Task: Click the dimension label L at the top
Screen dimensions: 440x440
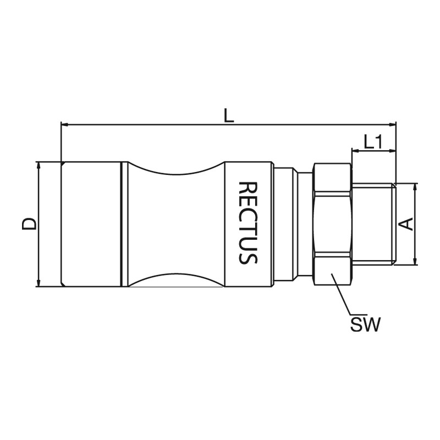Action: tap(229, 116)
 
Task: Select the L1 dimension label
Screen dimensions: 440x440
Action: tap(373, 142)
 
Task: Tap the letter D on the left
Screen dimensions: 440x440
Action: tap(29, 224)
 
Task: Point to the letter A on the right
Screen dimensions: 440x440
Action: tap(406, 224)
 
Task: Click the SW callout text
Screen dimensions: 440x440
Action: tap(365, 324)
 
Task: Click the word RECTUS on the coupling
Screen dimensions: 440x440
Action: tap(248, 223)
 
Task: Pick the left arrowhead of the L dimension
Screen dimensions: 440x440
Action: tap(65, 124)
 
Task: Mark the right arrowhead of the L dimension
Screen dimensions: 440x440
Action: tap(392, 124)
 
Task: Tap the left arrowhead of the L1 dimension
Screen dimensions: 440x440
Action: tap(356, 151)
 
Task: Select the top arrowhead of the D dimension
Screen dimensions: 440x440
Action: tap(38, 166)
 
